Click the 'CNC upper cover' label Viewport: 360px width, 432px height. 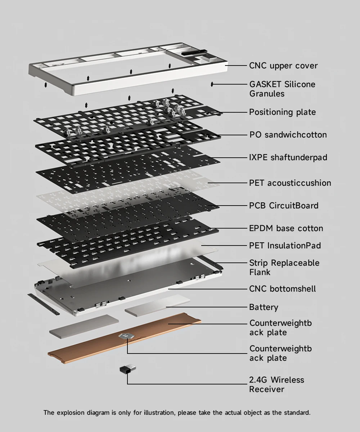pos(283,66)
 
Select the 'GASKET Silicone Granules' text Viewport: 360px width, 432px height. pos(282,89)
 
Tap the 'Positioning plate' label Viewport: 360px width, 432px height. pos(282,112)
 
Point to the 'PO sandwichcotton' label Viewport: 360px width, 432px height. pos(288,135)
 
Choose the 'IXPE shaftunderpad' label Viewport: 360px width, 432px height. pos(288,158)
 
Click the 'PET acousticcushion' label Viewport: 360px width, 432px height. pos(290,183)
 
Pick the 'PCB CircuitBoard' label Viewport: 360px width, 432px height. pos(284,206)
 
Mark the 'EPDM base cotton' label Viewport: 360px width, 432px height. pos(286,228)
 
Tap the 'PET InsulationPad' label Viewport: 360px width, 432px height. pos(285,246)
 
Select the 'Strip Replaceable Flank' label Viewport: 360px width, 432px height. pos(284,267)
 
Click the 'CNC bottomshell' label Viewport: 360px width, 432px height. pos(282,289)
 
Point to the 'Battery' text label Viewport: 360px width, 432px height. pos(264,307)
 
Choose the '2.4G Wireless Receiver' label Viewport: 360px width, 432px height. pos(276,384)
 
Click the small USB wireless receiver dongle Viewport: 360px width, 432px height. pos(127,369)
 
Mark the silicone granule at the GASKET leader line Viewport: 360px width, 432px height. pos(212,84)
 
